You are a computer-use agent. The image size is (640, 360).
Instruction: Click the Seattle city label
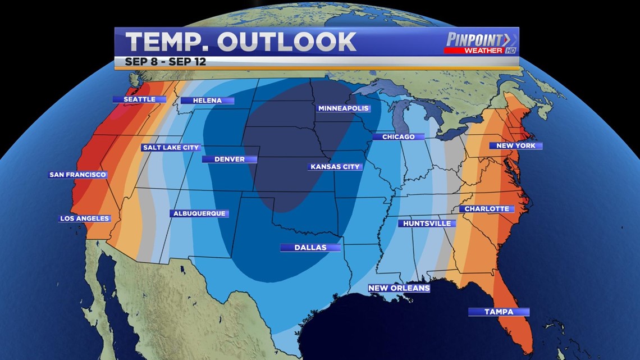[x=139, y=99]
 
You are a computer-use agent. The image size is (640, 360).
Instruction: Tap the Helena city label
[x=207, y=101]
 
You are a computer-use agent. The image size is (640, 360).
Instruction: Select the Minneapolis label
[x=343, y=108]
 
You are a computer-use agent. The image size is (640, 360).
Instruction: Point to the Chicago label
[x=398, y=136]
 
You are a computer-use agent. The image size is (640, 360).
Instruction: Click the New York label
[x=516, y=145]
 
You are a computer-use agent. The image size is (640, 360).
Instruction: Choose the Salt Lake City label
[x=171, y=148]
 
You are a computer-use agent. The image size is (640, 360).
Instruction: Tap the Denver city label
[x=230, y=159]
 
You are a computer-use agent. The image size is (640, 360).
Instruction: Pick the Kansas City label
[x=335, y=167]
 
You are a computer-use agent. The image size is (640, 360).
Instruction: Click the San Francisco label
[x=77, y=175]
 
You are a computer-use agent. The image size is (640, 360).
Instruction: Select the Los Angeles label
[x=85, y=218]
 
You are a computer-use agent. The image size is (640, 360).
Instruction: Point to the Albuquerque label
[x=199, y=213]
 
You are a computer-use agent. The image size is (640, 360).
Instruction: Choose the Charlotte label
[x=487, y=209]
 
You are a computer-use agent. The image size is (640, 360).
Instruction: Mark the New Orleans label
[x=399, y=288]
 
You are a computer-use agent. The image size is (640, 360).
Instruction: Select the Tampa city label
[x=499, y=312]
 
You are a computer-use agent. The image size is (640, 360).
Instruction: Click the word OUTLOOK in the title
[x=286, y=42]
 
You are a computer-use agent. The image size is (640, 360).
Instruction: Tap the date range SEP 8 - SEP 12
[x=166, y=62]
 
